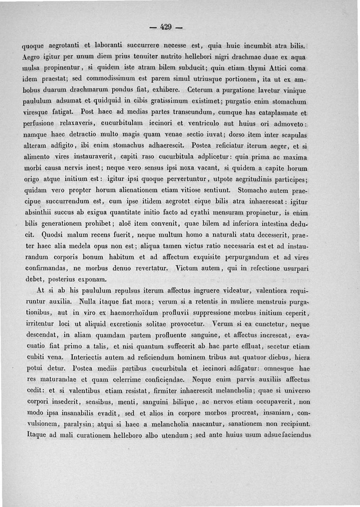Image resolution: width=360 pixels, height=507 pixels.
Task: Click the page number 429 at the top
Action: pyautogui.click(x=166, y=27)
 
